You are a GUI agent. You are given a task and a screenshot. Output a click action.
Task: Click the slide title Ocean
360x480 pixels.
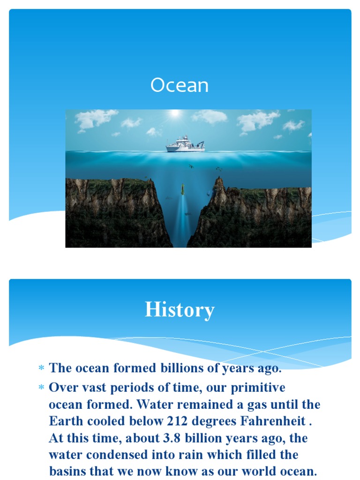click(180, 86)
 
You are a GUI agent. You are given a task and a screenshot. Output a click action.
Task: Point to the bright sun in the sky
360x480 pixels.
click(175, 113)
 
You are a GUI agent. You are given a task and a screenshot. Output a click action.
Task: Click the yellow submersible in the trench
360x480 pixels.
click(182, 189)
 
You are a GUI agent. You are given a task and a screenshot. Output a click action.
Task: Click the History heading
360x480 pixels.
click(180, 310)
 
